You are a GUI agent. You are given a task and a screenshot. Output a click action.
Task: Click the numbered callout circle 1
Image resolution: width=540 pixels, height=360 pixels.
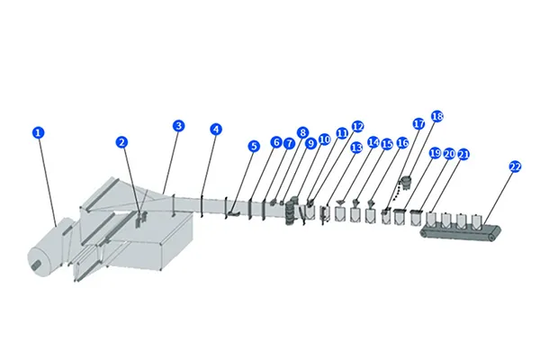click(x=38, y=132)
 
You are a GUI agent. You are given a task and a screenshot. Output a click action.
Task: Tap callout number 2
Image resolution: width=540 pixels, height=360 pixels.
click(x=121, y=141)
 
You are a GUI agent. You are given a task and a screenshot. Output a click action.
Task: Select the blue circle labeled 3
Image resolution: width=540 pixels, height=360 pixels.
click(x=178, y=125)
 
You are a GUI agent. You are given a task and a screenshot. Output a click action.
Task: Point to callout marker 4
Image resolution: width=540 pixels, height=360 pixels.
click(x=215, y=129)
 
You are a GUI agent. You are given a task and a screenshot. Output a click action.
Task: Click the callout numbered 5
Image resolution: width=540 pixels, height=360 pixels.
click(x=254, y=145)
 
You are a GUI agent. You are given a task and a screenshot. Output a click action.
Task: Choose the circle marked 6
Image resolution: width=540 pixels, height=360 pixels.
click(x=276, y=142)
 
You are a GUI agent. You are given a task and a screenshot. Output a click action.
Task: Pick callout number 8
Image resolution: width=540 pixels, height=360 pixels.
click(x=303, y=132)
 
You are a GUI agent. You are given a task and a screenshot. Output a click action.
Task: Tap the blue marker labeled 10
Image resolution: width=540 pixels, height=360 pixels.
click(x=324, y=140)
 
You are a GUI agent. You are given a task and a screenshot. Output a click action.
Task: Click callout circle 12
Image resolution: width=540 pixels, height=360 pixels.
click(x=357, y=127)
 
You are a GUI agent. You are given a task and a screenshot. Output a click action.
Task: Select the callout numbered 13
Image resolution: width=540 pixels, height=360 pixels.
click(x=356, y=146)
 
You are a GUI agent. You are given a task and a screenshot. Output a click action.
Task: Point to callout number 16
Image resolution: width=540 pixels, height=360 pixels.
click(x=402, y=143)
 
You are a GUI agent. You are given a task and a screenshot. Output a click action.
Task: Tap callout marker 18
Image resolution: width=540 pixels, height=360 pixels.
click(x=437, y=116)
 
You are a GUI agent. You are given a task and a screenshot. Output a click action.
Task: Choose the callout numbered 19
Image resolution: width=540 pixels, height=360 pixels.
click(x=435, y=154)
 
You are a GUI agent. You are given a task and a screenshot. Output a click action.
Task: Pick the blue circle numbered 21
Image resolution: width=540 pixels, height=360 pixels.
click(x=463, y=154)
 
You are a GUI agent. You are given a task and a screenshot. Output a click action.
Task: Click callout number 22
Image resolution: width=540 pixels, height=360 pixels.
click(x=515, y=166)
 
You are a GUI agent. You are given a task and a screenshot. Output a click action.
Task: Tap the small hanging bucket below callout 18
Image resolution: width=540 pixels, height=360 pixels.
click(x=406, y=183)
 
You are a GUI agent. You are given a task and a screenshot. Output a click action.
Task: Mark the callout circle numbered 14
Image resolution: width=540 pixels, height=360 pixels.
click(x=373, y=143)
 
